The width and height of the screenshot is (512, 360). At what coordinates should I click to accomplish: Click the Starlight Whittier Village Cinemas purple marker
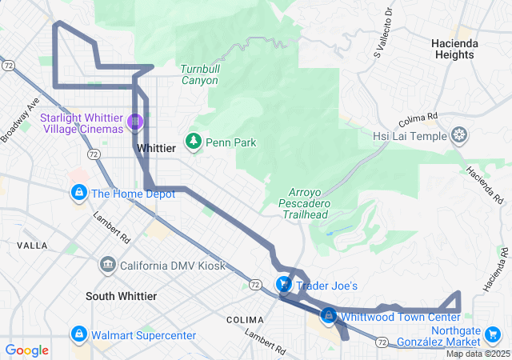tap(135, 122)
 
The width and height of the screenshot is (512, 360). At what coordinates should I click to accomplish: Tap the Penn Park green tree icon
tap(193, 142)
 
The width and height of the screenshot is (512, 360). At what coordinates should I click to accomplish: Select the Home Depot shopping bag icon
tap(79, 193)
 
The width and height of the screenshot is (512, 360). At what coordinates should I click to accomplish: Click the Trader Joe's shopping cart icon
tap(283, 285)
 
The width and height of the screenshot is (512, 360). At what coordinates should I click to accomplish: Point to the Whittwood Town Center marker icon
tap(328, 316)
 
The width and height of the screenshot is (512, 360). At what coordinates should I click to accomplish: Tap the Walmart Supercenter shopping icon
tap(79, 334)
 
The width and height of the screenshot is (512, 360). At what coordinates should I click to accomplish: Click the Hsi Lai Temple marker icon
tap(459, 135)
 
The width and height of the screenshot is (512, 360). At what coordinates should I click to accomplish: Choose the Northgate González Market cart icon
tap(494, 334)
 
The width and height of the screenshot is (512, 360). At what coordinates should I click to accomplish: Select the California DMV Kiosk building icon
tap(108, 265)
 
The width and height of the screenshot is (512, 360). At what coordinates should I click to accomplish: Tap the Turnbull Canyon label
tap(199, 74)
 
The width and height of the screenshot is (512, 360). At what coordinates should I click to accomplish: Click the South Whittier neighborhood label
tap(121, 296)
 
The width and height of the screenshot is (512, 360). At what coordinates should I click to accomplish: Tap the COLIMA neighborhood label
tap(245, 319)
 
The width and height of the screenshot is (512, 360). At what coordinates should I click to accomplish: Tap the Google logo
tap(27, 350)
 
